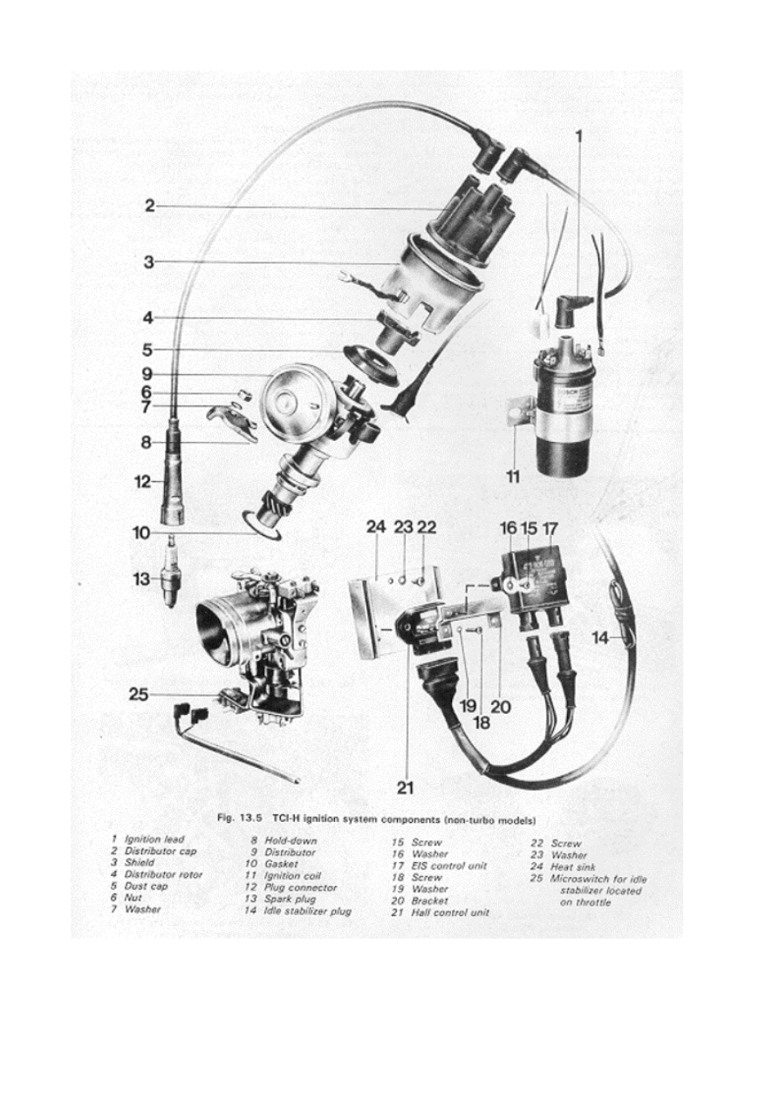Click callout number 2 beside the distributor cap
[x=149, y=206]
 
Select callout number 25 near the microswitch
[x=138, y=695]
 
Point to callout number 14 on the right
[x=600, y=638]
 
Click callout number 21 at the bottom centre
[x=405, y=788]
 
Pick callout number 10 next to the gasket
[x=141, y=532]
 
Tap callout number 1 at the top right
[x=578, y=135]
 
